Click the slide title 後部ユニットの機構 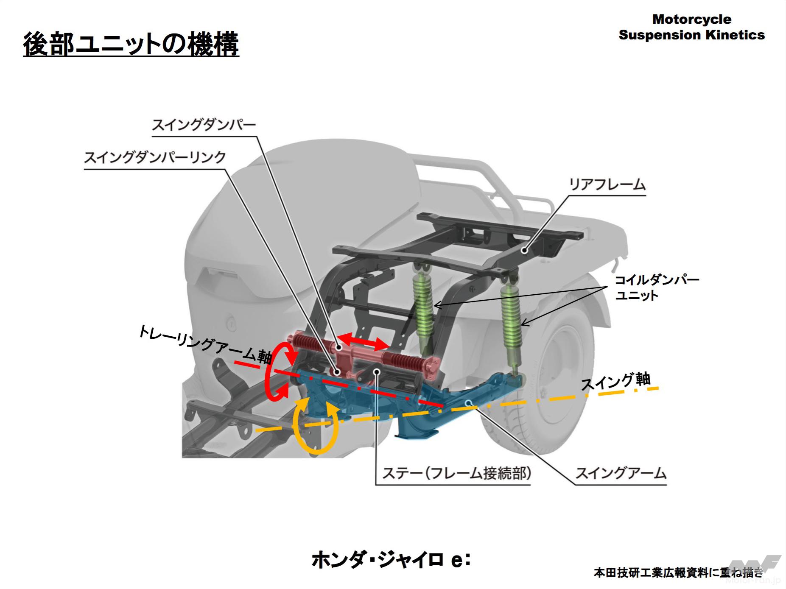click(x=131, y=44)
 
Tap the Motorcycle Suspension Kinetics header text click(x=691, y=27)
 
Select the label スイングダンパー click(x=204, y=125)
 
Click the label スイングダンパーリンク click(x=155, y=158)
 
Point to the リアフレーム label click(x=607, y=185)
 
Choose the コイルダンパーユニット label click(x=657, y=288)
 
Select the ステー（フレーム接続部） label click(x=456, y=473)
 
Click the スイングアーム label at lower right click(x=621, y=473)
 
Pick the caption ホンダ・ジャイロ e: click(x=391, y=560)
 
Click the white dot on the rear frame click(x=525, y=250)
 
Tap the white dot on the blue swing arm click(x=469, y=403)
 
